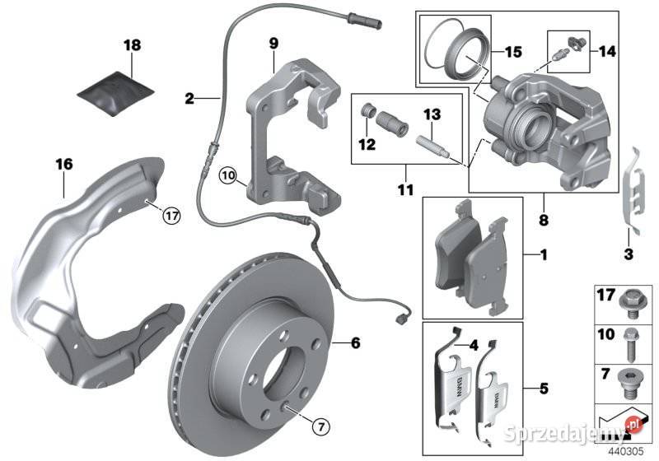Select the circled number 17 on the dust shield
point(171,217)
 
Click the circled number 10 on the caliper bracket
point(227,175)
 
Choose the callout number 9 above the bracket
point(273,42)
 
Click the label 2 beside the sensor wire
point(189,99)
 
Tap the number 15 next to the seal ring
point(512,52)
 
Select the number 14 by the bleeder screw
point(606,52)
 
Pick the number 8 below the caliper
point(542,221)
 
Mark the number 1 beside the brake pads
point(544,256)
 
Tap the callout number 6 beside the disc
point(356,342)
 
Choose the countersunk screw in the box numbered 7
point(631,383)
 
